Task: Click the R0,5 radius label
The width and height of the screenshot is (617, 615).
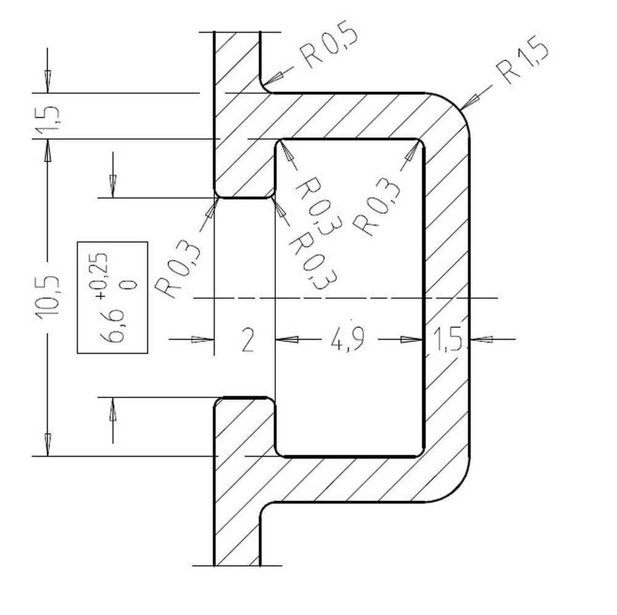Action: pos(329,48)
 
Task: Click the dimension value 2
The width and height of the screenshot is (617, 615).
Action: pos(247,340)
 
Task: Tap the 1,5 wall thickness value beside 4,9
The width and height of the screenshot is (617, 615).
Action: pos(447,339)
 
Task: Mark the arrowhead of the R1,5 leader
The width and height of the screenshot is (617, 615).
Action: pos(469,100)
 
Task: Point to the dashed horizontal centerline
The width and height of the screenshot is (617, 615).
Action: pos(346,298)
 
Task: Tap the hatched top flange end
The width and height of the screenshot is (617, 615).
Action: pos(237,49)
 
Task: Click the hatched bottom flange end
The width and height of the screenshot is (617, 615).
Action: pos(237,542)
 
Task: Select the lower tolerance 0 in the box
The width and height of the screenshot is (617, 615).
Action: pos(128,284)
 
